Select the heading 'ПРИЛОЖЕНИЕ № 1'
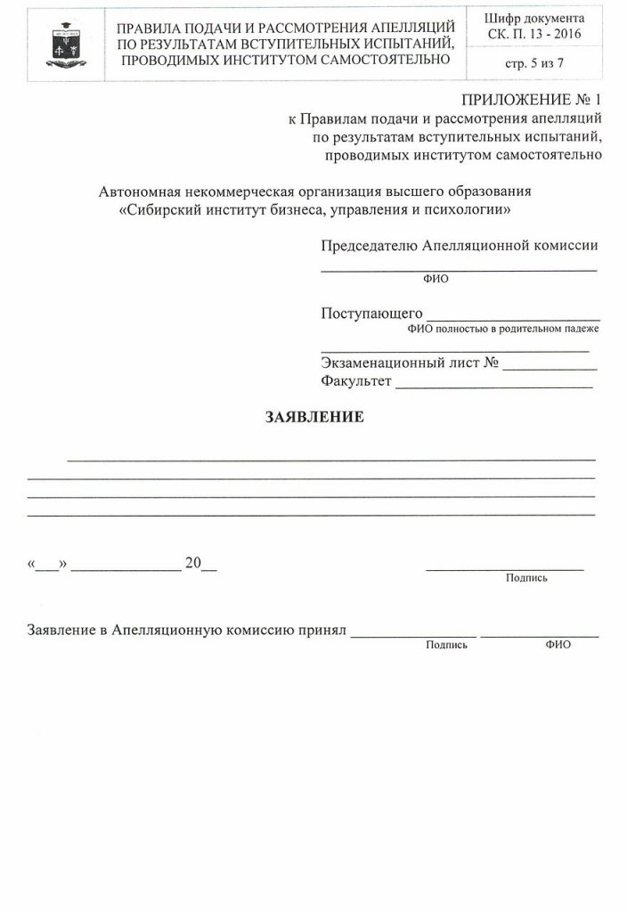pos(530,100)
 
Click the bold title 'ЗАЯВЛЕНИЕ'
pos(313,417)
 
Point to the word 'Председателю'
pos(366,245)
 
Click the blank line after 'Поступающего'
pos(514,314)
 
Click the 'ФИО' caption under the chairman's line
pos(436,278)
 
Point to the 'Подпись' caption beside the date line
pos(526,578)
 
